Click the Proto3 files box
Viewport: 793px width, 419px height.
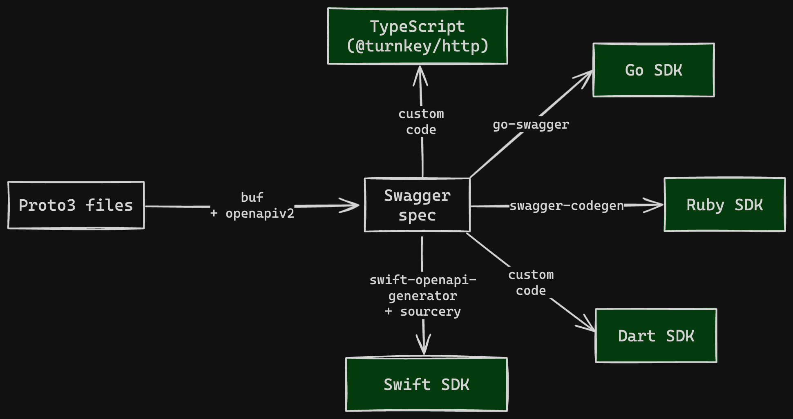point(76,205)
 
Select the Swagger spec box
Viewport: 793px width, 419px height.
point(417,205)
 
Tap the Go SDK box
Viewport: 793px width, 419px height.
point(653,70)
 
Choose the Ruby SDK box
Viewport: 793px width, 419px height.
point(724,205)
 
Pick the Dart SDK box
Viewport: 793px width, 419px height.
point(656,336)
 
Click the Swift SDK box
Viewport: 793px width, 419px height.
point(426,384)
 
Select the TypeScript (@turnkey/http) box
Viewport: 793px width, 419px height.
point(417,36)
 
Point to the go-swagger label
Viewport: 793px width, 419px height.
point(531,124)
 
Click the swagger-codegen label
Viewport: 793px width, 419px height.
point(567,205)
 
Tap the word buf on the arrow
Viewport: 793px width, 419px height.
point(252,197)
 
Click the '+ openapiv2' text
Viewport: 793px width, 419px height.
point(252,213)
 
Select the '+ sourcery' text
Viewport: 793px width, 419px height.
point(423,311)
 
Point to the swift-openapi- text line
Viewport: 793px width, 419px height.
point(423,280)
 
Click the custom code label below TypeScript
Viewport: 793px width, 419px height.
point(421,122)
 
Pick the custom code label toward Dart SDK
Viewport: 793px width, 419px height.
point(531,283)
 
